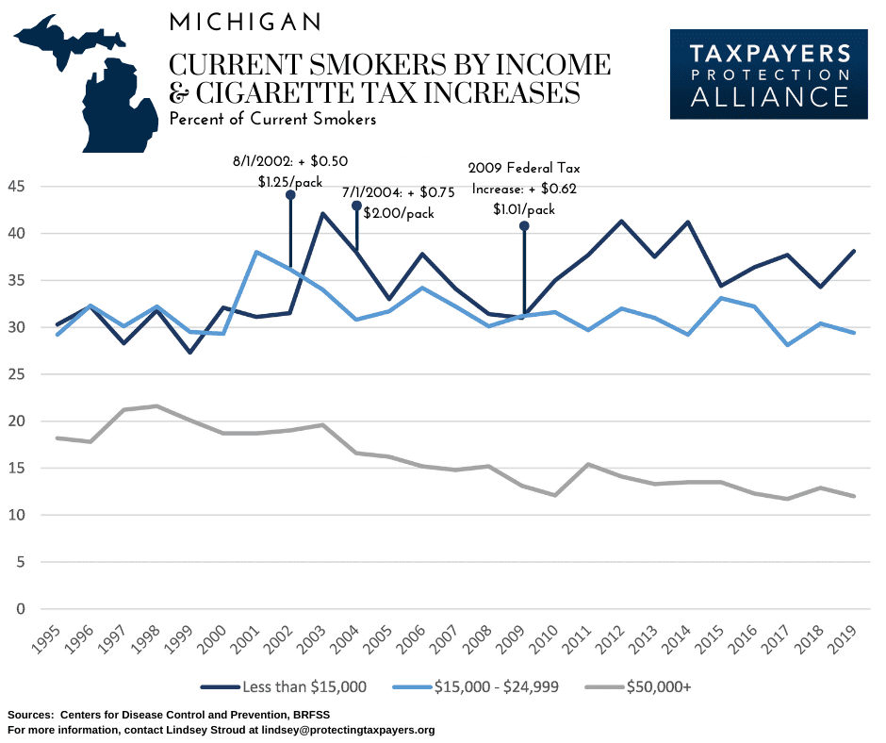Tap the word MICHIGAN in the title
(244, 22)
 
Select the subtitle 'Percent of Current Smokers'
(272, 120)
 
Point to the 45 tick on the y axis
(17, 187)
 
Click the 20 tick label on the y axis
(17, 421)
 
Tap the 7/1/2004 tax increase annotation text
(398, 202)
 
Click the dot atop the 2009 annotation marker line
(524, 226)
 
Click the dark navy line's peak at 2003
(323, 214)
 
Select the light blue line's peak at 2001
(255, 252)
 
